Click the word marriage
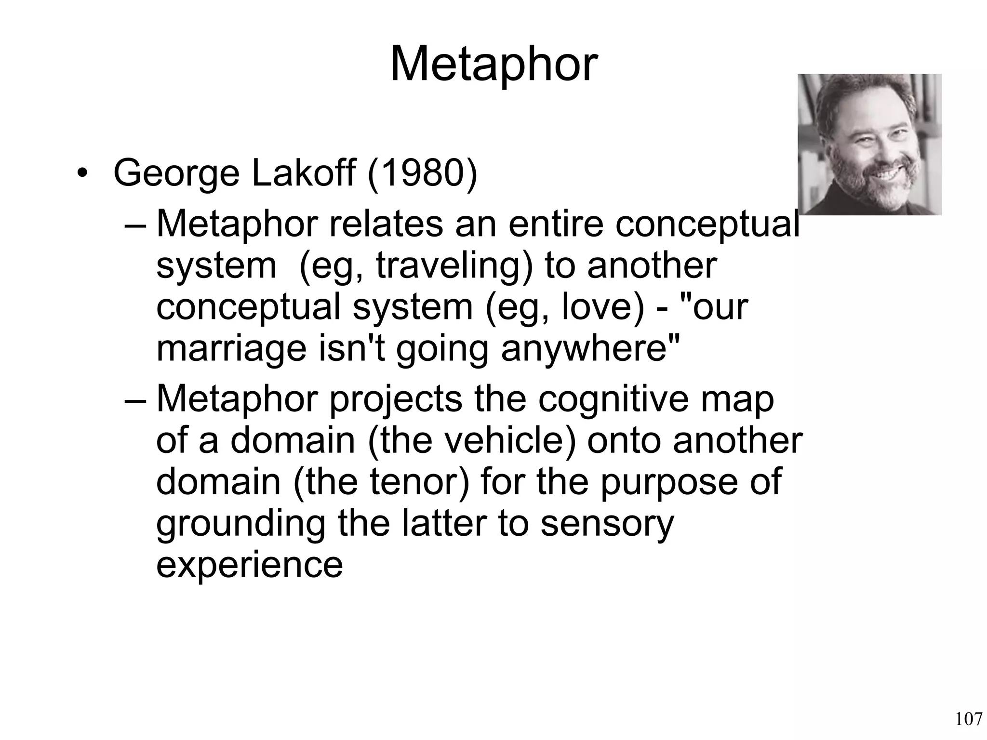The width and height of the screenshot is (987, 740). pyautogui.click(x=231, y=348)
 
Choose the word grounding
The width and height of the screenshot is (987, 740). pyautogui.click(x=240, y=524)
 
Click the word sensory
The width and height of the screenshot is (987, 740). pyautogui.click(x=607, y=524)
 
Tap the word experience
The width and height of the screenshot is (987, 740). pyautogui.click(x=249, y=564)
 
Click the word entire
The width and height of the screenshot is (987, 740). pyautogui.click(x=555, y=224)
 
